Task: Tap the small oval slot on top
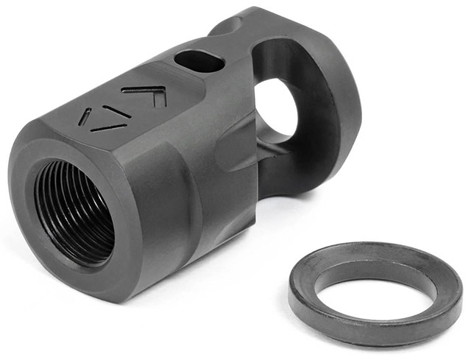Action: (x=199, y=61)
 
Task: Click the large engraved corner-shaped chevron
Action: (x=148, y=95)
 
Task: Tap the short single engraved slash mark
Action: (x=85, y=117)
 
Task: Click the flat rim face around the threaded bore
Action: (x=29, y=243)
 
